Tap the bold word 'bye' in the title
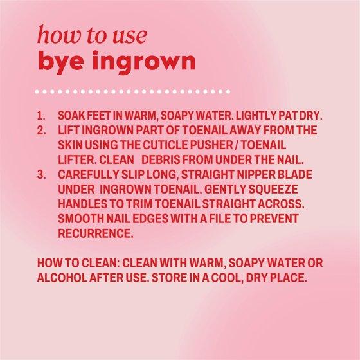[60, 62]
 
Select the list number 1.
[41, 116]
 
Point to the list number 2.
[41, 130]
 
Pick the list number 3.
[41, 174]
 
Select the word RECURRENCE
[96, 233]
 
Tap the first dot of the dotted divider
[37, 91]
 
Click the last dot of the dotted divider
[228, 91]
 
